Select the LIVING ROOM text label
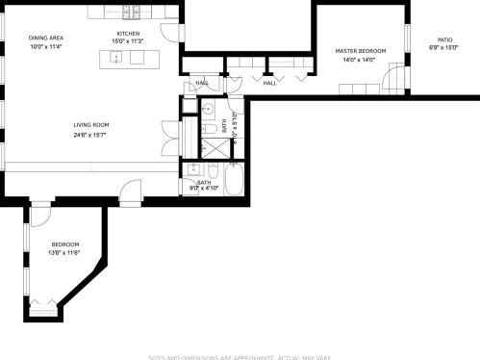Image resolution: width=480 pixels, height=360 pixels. click(x=91, y=124)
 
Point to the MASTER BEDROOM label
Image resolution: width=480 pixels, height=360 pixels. click(x=361, y=50)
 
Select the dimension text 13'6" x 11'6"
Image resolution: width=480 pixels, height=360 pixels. click(x=64, y=252)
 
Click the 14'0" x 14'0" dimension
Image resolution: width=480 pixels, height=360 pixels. click(x=361, y=60)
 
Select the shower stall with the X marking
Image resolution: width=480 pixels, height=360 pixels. click(x=210, y=147)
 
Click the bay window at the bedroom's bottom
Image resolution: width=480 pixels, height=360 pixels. click(x=44, y=309)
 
